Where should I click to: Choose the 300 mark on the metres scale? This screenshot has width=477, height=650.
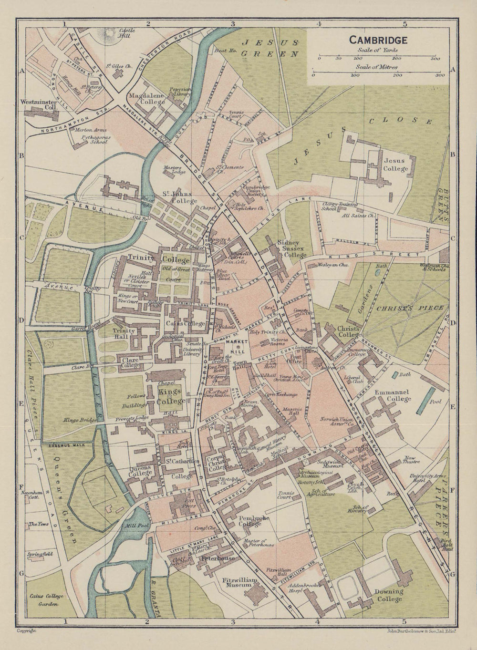(439, 75)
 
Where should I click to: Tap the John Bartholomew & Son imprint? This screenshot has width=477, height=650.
(420, 630)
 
